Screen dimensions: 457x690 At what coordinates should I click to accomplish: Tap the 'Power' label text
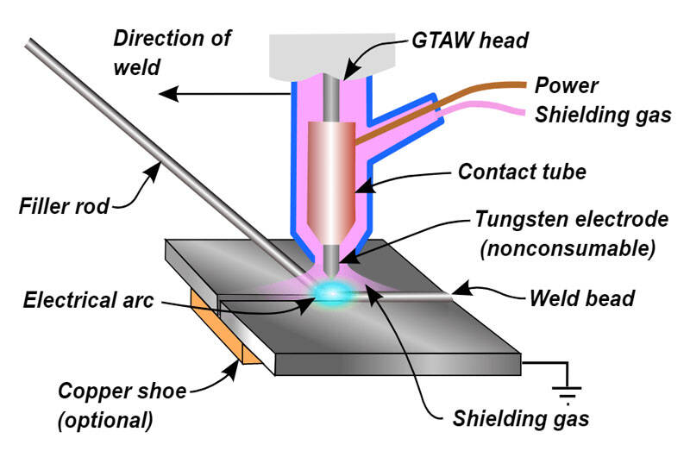567,86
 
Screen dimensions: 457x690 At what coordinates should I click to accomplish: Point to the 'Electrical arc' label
86,300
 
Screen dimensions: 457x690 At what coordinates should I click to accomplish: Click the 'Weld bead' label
581,298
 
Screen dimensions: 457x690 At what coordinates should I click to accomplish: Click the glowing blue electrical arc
329,294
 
